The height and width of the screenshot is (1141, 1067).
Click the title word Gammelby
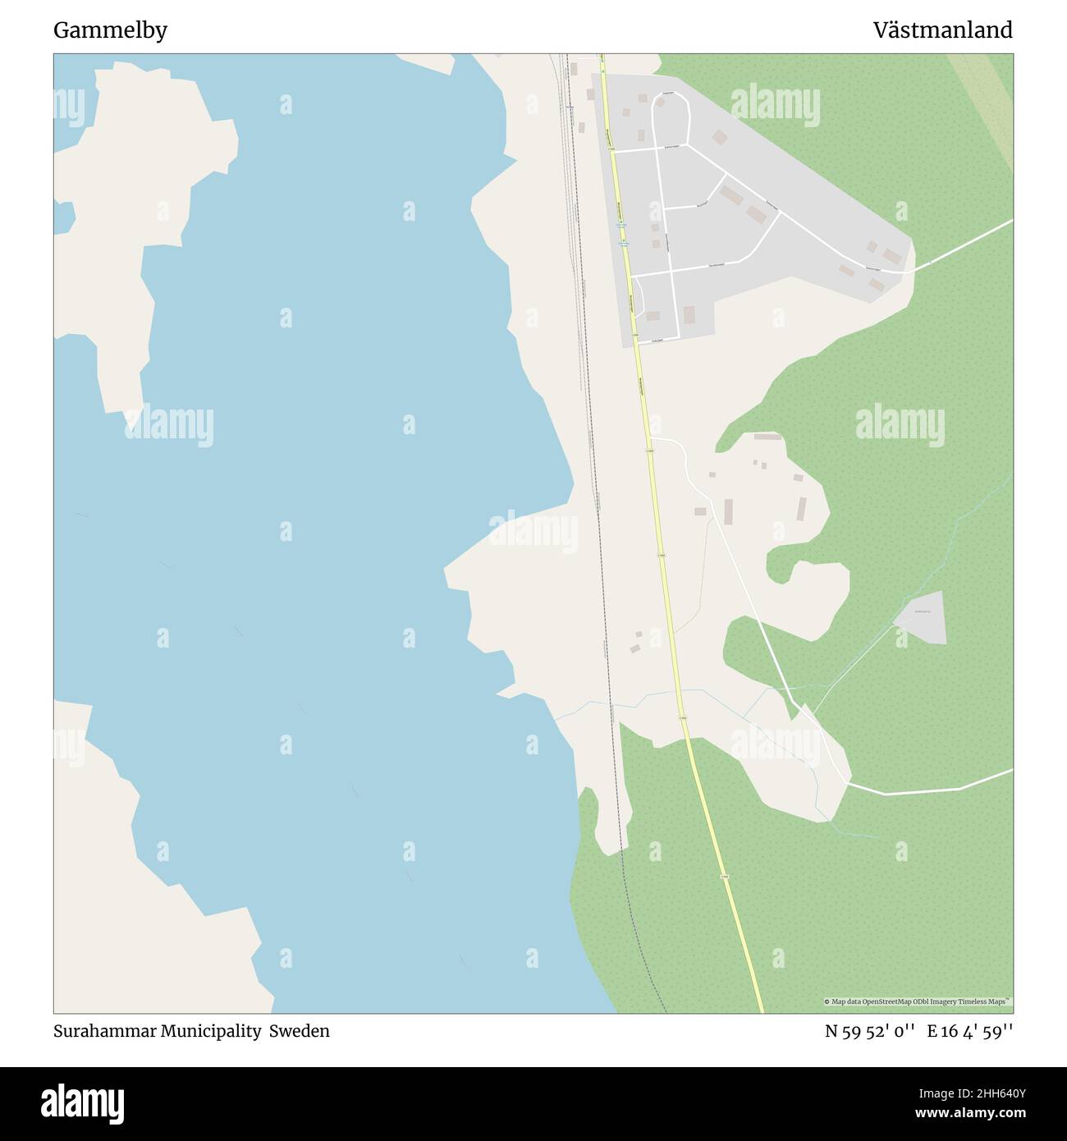click(110, 30)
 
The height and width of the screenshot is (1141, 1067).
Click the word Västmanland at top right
click(942, 30)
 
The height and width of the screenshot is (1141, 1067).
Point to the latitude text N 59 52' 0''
click(870, 1032)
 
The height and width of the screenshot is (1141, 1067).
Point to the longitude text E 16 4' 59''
click(969, 1032)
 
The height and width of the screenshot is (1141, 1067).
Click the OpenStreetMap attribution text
click(918, 1001)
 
